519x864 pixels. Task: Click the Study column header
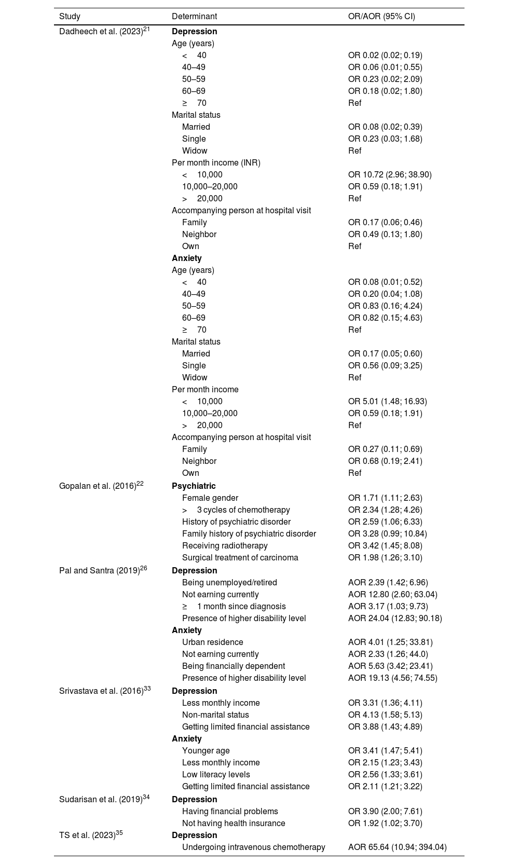pos(70,17)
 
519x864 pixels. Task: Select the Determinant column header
pos(194,17)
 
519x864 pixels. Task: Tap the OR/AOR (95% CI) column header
pos(381,17)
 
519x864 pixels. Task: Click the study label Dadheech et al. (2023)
pos(101,31)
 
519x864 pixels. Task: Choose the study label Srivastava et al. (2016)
pos(102,691)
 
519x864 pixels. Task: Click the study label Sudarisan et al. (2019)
pos(101,799)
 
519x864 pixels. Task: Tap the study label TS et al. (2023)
pos(87,835)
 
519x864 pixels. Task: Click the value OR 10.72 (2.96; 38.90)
pos(390,174)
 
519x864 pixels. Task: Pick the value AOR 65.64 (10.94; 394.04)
pos(397,847)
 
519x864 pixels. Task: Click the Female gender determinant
pos(210,498)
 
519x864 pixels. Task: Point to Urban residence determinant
pos(212,642)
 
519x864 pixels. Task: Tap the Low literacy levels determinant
pos(216,774)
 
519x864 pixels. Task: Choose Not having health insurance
pos(234,823)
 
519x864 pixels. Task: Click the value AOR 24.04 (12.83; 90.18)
pos(395,618)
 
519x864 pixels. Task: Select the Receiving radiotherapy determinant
pos(225,546)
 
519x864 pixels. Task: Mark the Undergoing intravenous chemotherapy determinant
pos(253,847)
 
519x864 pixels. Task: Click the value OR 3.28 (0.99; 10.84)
pos(387,534)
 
